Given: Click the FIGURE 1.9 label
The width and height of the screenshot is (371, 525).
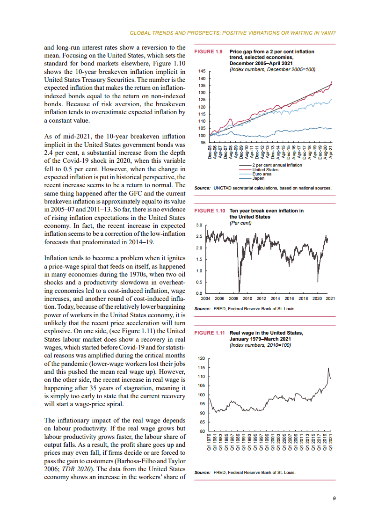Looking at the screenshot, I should [x=207, y=51].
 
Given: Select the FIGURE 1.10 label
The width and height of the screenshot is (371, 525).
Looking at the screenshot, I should [x=208, y=211].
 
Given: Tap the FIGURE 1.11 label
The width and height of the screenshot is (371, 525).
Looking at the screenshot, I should [x=208, y=333].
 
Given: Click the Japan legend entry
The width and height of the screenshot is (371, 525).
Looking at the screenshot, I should [x=258, y=178].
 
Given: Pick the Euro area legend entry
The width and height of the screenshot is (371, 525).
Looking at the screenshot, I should [x=262, y=174].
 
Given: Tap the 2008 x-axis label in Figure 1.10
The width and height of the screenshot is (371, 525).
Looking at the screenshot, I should [x=233, y=298].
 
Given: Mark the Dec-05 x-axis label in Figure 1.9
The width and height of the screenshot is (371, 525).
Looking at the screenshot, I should [x=210, y=152].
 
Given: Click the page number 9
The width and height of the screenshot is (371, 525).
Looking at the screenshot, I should [x=334, y=499].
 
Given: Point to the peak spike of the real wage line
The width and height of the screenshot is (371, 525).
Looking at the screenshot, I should [x=328, y=368].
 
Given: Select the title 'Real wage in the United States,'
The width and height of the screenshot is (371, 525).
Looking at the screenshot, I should [x=266, y=333].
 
